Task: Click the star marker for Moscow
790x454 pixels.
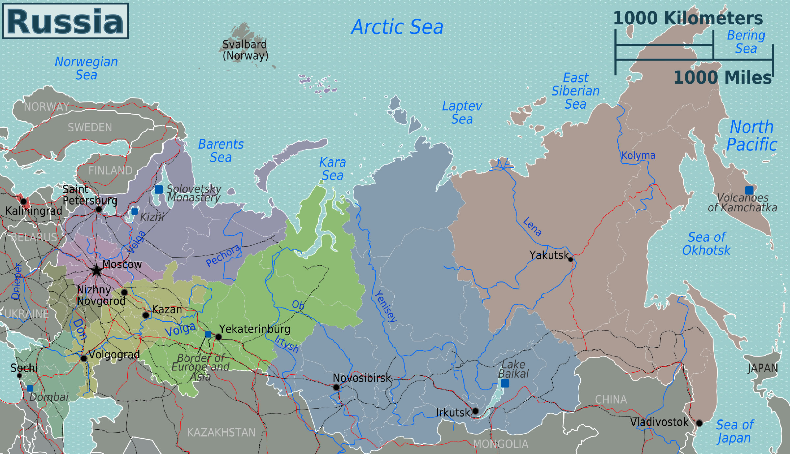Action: click(x=96, y=271)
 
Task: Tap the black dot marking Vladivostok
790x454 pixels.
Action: click(x=699, y=423)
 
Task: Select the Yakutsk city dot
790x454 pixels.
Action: click(x=571, y=259)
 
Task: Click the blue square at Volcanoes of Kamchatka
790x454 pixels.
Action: click(x=749, y=190)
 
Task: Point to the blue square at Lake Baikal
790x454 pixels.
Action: click(x=505, y=383)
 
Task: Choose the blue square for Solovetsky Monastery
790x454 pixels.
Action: click(x=159, y=189)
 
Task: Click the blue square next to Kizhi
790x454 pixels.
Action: click(x=135, y=211)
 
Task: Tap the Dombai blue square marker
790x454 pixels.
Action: click(x=30, y=388)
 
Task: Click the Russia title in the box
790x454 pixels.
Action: click(x=65, y=21)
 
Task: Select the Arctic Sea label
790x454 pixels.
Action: click(x=397, y=27)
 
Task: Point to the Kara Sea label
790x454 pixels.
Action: click(x=332, y=169)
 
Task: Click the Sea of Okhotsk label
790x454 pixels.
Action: click(x=706, y=244)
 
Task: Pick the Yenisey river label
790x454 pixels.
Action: click(x=386, y=306)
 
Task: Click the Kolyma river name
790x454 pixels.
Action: click(x=638, y=155)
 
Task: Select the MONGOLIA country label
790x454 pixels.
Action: click(x=500, y=444)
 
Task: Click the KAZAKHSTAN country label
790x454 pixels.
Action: click(x=221, y=432)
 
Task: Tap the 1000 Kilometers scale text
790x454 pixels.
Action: click(x=688, y=18)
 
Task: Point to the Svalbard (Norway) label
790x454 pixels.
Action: click(x=245, y=50)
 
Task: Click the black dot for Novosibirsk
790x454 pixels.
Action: click(x=336, y=387)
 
